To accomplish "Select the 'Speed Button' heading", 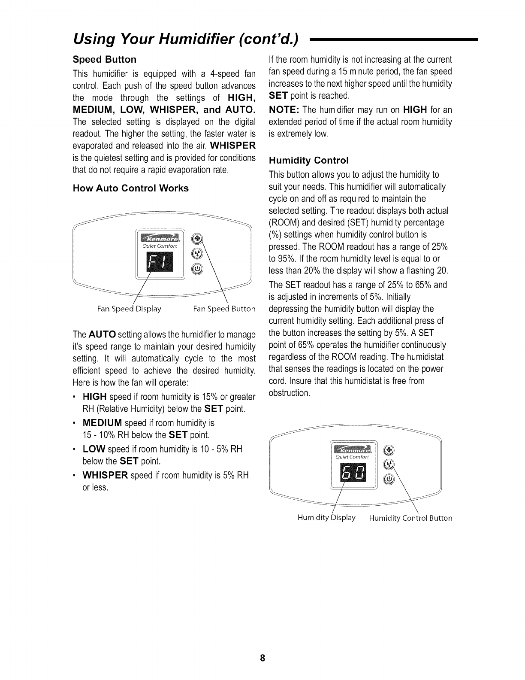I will click(105, 59).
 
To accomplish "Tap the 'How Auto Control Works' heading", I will click(131, 188).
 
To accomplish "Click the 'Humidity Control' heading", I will click(308, 161).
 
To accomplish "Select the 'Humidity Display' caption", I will click(326, 517).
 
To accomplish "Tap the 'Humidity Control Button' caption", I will click(410, 518).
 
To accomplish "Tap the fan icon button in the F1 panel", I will click(196, 239).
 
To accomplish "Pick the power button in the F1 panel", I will click(196, 269).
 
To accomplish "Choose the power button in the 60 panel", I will click(388, 479).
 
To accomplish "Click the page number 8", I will click(262, 659).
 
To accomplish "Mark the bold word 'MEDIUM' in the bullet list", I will click(102, 423).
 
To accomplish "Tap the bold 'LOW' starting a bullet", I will click(94, 449).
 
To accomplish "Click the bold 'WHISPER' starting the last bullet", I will click(105, 476).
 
